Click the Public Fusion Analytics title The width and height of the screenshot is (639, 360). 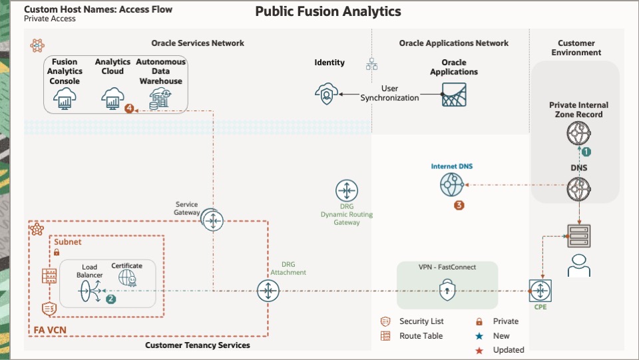[328, 12]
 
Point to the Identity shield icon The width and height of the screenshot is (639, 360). [326, 94]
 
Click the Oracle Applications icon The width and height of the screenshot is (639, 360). [454, 94]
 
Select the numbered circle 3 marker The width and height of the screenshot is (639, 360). [459, 205]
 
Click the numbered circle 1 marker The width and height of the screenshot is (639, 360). [586, 151]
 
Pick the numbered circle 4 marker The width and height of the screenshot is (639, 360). [129, 108]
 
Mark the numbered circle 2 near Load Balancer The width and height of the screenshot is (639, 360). [111, 299]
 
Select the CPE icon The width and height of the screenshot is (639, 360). [540, 291]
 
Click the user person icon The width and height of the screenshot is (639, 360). [578, 264]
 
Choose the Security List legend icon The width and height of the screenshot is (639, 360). [385, 321]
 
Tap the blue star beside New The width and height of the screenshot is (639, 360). [479, 336]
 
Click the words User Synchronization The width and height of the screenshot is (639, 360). [390, 93]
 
